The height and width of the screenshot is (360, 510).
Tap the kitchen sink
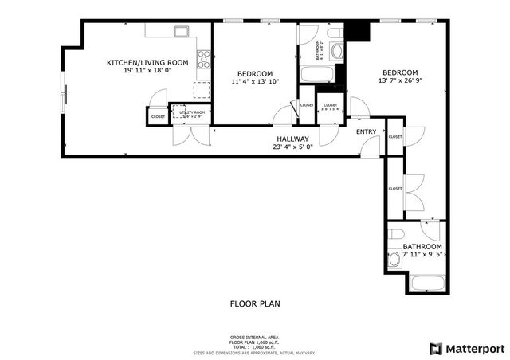coord(181,33)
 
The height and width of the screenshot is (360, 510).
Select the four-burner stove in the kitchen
coord(204,57)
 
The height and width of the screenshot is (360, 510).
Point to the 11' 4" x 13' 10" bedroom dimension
coord(256,82)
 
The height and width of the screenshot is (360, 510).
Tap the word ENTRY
coord(367,131)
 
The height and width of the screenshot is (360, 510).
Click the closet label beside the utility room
coord(158,117)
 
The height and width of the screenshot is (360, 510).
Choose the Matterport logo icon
coord(434,348)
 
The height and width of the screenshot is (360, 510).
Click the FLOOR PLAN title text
coord(255,303)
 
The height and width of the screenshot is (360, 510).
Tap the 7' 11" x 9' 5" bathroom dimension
coord(422,256)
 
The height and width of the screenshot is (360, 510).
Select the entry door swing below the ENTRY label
coord(371,145)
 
